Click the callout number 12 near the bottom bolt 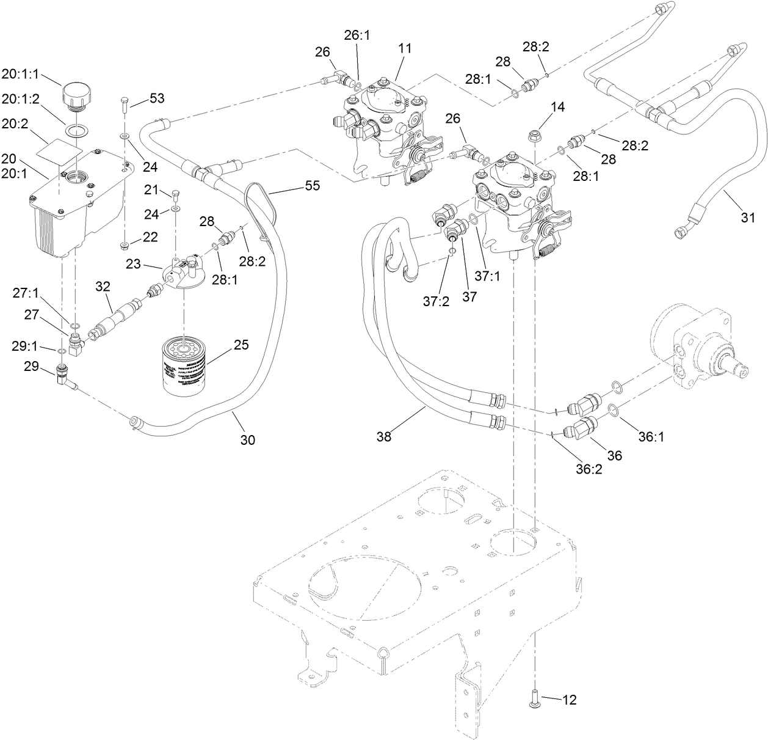pyautogui.click(x=569, y=700)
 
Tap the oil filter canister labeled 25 pyautogui.click(x=183, y=365)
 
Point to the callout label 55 pyautogui.click(x=312, y=186)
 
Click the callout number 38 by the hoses pyautogui.click(x=384, y=436)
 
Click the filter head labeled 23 pyautogui.click(x=178, y=274)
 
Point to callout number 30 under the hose pyautogui.click(x=248, y=439)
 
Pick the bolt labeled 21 pyautogui.click(x=176, y=196)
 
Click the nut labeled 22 pyautogui.click(x=125, y=246)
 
